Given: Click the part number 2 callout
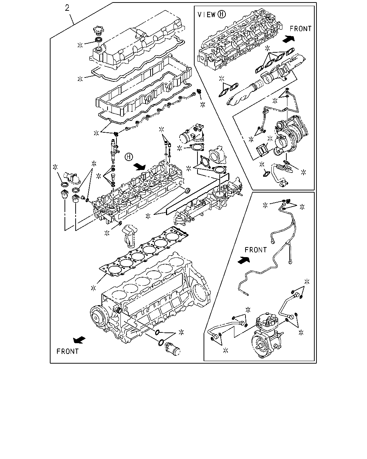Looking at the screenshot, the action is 67,8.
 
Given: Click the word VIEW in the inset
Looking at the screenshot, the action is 207,14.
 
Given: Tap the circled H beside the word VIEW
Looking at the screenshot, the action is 221,14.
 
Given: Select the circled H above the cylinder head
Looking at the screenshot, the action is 129,157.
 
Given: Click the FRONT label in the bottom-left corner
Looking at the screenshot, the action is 68,351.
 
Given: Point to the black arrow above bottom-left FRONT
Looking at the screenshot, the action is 79,340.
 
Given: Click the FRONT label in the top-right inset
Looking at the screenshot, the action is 301,29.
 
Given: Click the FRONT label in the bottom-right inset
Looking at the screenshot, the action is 256,250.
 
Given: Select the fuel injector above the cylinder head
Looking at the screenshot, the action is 113,148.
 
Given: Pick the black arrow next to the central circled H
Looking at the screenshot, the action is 140,167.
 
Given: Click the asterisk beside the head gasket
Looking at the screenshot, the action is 93,288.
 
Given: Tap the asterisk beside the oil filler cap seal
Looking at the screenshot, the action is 80,45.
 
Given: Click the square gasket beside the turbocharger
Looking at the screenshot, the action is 261,150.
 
